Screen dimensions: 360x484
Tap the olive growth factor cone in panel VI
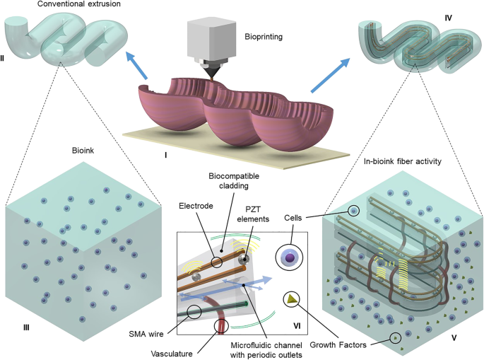(x=290, y=299)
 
